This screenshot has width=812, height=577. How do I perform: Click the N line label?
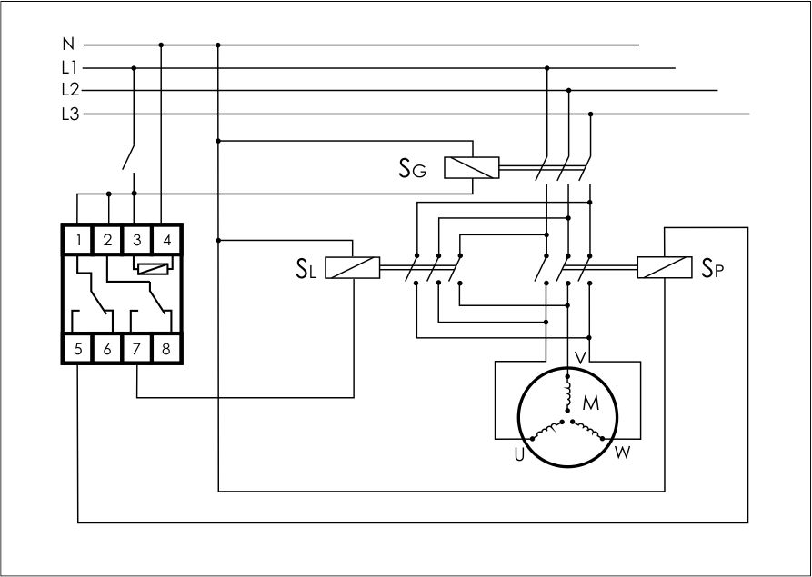[68, 44]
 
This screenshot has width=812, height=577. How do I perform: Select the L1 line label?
[69, 67]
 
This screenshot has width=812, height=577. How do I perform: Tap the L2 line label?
[70, 90]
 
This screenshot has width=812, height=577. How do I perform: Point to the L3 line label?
[70, 114]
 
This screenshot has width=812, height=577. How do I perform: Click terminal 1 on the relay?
[81, 241]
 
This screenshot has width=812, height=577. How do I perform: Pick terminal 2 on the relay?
[107, 241]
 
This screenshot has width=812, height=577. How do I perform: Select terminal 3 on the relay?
[136, 241]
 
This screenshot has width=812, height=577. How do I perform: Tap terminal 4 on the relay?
[165, 241]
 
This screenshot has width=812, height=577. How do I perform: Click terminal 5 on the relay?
[80, 348]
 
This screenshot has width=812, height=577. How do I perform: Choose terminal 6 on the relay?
[107, 348]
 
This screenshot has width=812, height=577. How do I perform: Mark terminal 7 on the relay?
[136, 348]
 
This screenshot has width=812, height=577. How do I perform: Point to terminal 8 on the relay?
[165, 348]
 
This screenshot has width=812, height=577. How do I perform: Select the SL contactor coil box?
[353, 268]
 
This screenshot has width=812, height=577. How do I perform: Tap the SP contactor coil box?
[664, 268]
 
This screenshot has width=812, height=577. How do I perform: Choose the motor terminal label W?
[623, 452]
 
